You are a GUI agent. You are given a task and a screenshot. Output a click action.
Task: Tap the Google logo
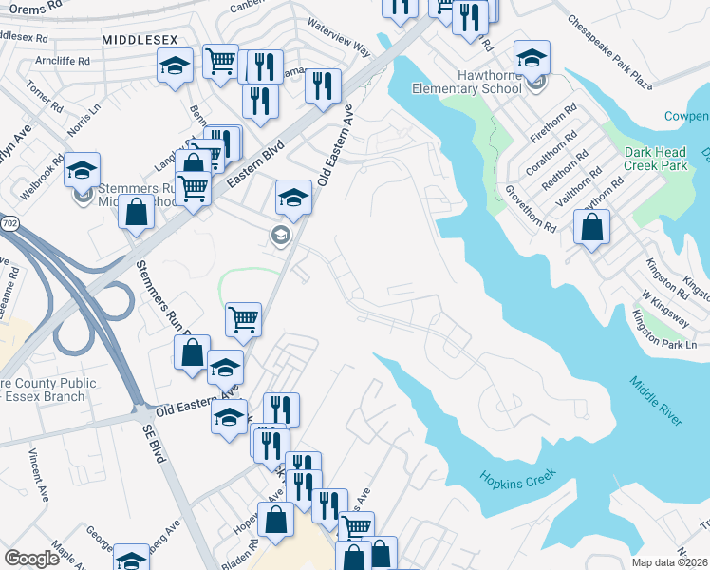tap(31, 559)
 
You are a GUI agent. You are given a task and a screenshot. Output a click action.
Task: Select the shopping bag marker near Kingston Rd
tap(591, 228)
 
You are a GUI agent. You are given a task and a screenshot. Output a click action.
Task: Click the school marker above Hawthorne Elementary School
tap(532, 58)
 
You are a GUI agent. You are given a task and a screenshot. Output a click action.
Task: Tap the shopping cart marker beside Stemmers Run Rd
tap(244, 319)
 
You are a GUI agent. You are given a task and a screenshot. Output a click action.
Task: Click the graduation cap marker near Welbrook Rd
tap(83, 170)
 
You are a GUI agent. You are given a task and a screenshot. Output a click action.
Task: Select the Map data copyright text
tap(669, 562)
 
